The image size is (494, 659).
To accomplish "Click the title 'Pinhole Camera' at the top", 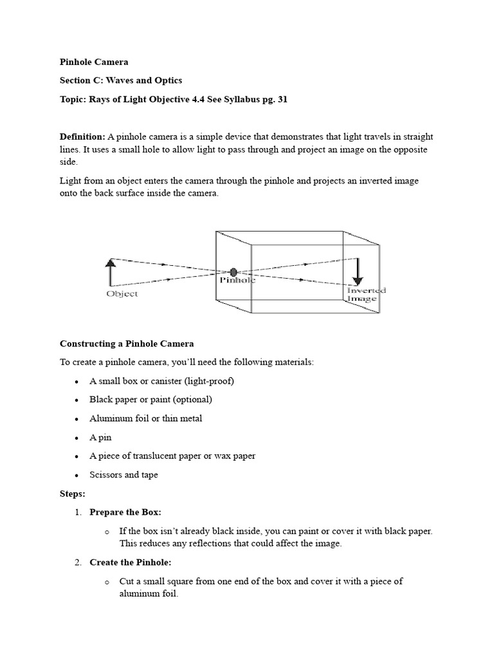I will coord(94,62).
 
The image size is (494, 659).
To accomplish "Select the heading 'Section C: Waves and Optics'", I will coord(121,80).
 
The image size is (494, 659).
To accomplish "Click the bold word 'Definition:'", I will coord(82,137).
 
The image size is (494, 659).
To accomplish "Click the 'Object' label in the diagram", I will coord(122,294).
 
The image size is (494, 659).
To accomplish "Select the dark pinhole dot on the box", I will coord(233,272).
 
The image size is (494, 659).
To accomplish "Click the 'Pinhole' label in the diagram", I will coord(237,281).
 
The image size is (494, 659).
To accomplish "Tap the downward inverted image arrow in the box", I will coord(358,272).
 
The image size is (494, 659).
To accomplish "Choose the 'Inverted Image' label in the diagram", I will coord(367,294).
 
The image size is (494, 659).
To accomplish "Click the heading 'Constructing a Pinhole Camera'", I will coord(127,344).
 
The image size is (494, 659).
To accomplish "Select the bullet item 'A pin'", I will coord(100,437).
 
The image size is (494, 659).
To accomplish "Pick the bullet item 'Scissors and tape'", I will coord(123,475).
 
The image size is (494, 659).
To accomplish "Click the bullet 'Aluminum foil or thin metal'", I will coord(145,418).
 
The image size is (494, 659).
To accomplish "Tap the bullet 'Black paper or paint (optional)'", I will coord(151,400).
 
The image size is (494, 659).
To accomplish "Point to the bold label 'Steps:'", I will coord(73,494).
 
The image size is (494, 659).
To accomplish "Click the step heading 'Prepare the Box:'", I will coord(125,512).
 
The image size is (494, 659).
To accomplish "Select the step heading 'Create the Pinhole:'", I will coord(131,562).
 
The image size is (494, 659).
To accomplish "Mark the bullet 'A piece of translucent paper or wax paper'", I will coord(172,456).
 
